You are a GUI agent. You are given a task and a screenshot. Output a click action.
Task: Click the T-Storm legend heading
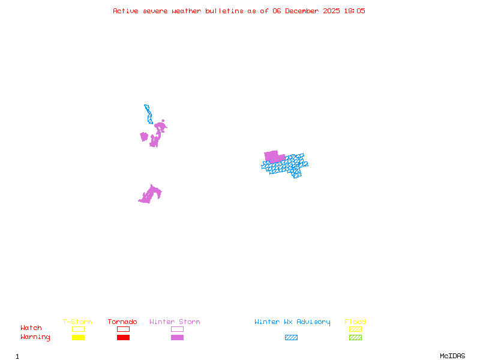(77, 322)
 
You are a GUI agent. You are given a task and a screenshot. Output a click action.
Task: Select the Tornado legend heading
(122, 322)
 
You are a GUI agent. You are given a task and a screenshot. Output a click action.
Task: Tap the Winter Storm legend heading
(175, 322)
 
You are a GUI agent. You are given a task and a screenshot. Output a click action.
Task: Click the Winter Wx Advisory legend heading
(292, 322)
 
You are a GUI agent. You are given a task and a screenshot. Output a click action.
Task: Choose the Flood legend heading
(355, 322)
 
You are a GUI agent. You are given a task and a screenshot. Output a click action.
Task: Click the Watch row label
(31, 328)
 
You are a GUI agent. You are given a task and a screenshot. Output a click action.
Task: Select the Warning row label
(35, 337)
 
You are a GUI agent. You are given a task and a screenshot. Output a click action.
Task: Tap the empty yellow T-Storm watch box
(78, 329)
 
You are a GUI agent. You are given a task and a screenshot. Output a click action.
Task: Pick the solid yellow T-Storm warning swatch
(78, 337)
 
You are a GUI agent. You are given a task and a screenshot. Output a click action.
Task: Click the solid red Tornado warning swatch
(123, 337)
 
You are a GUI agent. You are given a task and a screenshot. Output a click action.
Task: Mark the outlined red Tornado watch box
(123, 329)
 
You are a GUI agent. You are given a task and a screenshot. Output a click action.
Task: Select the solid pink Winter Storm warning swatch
(177, 337)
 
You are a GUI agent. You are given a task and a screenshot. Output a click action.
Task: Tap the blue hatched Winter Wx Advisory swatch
(291, 337)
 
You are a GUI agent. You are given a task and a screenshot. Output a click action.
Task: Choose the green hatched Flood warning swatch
(355, 337)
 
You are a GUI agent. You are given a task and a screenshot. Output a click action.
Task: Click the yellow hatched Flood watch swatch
(355, 329)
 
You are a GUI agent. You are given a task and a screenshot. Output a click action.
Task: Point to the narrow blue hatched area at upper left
(148, 113)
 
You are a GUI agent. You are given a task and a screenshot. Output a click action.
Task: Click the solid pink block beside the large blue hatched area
(273, 157)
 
